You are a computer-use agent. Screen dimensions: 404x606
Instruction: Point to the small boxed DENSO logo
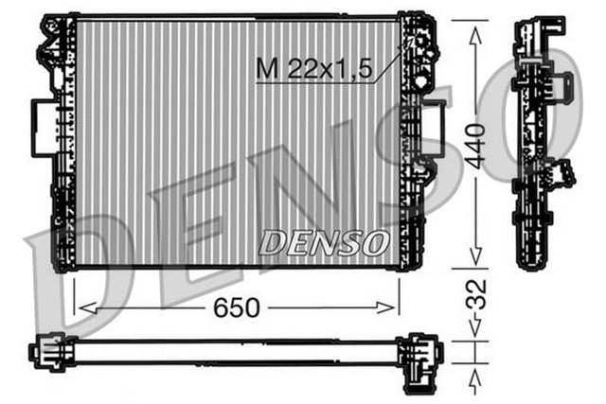[323, 243]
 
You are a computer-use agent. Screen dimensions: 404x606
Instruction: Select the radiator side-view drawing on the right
[542, 142]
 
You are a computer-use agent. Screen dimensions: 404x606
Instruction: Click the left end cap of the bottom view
[47, 353]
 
